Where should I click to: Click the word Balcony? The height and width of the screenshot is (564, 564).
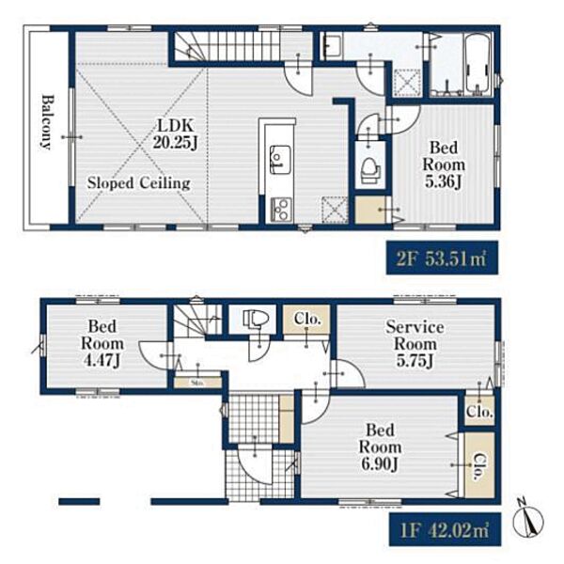click(x=47, y=121)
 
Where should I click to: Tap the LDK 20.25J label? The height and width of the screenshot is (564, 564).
click(x=176, y=133)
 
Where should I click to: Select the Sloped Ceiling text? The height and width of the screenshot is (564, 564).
click(x=139, y=183)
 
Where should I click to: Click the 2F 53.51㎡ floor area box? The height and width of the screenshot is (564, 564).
click(x=442, y=258)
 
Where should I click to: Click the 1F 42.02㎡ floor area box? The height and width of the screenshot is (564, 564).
click(x=445, y=529)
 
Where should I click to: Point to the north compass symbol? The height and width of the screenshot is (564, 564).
click(x=527, y=520)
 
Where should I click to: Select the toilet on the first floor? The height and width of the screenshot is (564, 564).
click(x=256, y=319)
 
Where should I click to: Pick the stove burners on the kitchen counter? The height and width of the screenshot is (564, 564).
click(x=281, y=209)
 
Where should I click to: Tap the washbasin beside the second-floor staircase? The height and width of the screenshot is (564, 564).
click(x=331, y=45)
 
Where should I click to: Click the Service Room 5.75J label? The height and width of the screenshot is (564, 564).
click(x=415, y=343)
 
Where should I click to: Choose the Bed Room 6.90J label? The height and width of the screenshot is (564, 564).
click(x=380, y=447)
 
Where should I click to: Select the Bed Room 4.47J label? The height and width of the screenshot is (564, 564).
click(x=102, y=343)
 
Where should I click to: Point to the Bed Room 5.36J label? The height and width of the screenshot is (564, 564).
click(x=444, y=164)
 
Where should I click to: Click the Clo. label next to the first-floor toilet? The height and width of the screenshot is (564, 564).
click(x=306, y=318)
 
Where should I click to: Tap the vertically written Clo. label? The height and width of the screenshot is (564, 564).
click(x=479, y=466)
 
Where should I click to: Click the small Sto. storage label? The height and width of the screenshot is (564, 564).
click(x=197, y=383)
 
